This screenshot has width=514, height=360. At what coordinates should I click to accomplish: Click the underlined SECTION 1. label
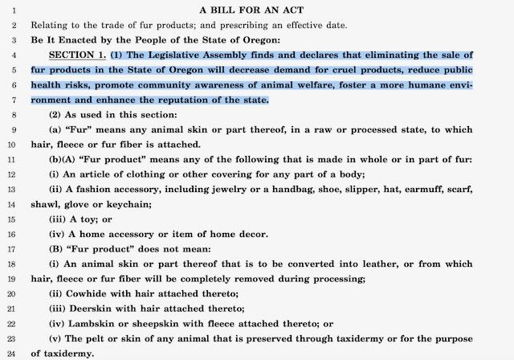77,55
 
